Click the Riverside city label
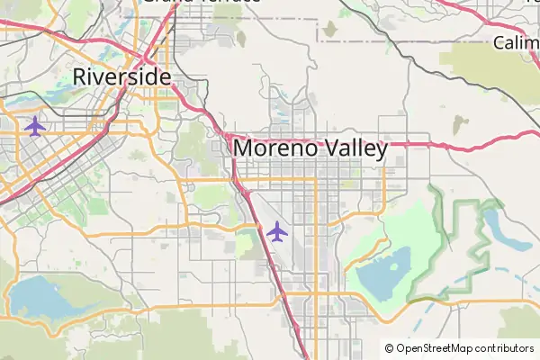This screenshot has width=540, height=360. [x=121, y=76]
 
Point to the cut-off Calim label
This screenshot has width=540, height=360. [x=516, y=43]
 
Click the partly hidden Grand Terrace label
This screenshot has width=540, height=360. [x=202, y=2]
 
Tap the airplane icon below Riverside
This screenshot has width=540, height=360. [x=35, y=125]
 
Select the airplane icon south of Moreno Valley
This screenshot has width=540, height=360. [x=277, y=231]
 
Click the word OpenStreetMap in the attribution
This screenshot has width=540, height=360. [x=435, y=348]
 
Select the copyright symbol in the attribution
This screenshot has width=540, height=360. [x=389, y=348]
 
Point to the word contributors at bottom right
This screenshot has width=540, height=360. [x=505, y=348]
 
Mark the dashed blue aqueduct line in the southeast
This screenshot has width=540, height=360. [x=450, y=290]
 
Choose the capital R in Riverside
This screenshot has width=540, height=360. [x=80, y=76]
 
